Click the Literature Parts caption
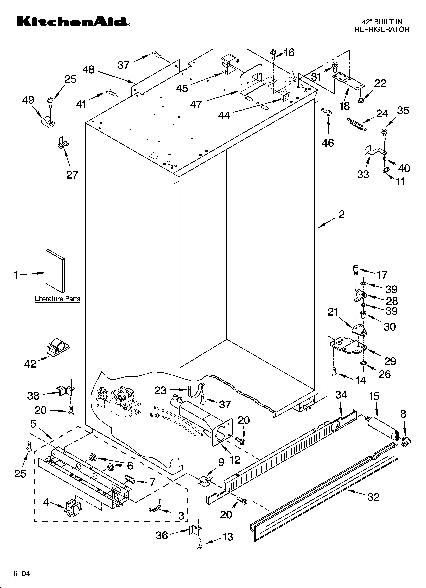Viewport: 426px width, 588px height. click(x=58, y=299)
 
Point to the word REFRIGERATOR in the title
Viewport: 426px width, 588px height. click(x=382, y=29)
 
